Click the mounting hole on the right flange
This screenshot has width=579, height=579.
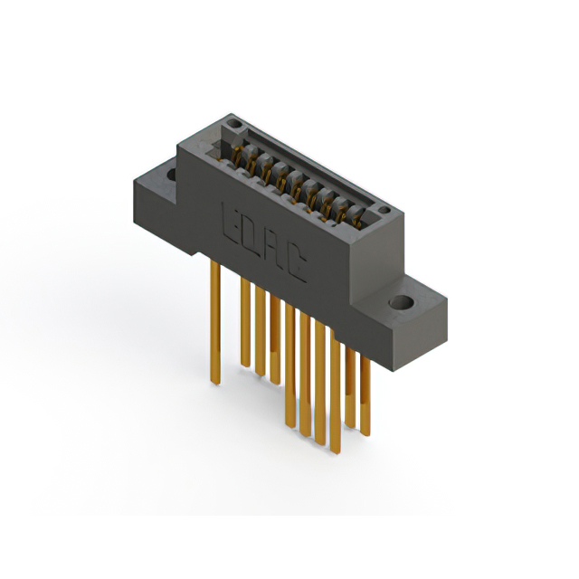401,302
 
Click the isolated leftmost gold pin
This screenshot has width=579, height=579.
214,317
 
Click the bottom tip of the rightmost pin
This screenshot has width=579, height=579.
365,432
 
